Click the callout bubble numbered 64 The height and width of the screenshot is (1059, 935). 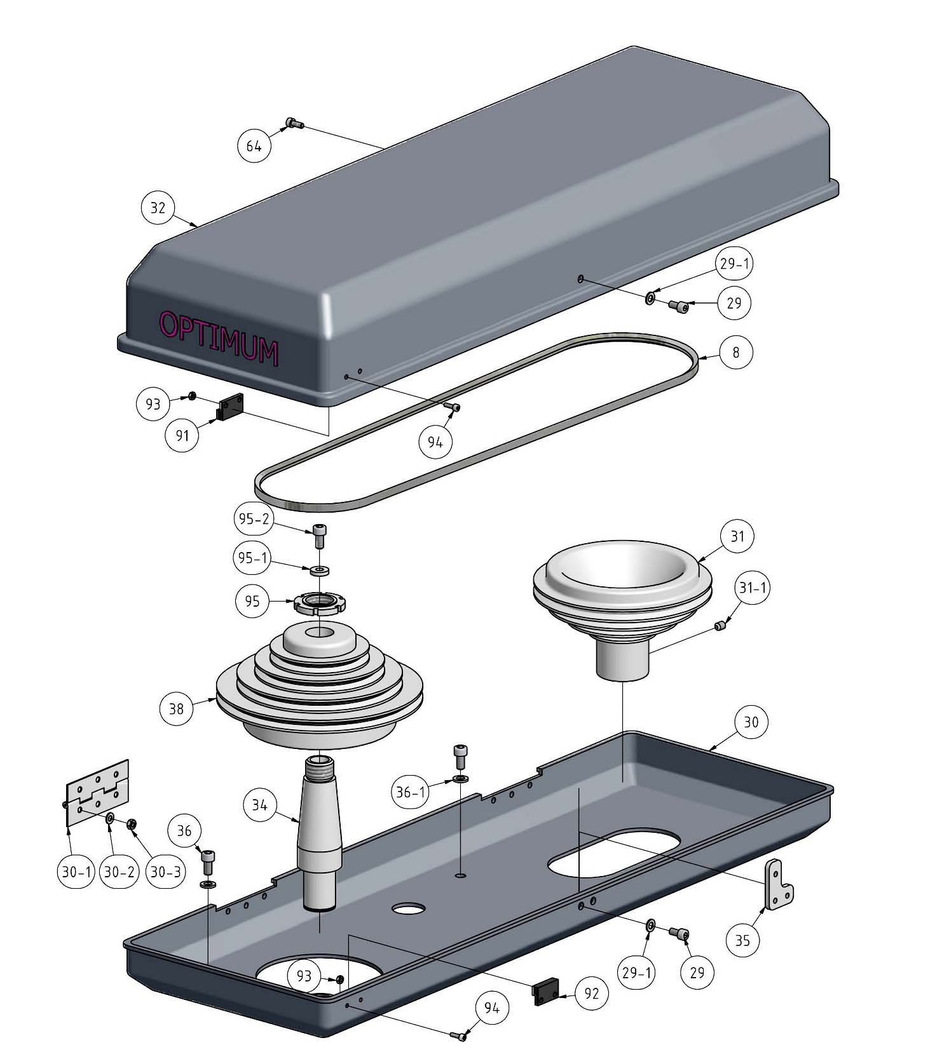point(254,146)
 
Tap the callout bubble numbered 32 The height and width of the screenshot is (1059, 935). point(158,208)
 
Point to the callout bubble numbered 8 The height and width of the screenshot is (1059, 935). point(736,352)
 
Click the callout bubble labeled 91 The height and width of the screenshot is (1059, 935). point(183,435)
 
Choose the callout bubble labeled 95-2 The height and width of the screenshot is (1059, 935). point(253,519)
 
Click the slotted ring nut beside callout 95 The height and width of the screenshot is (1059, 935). point(318,602)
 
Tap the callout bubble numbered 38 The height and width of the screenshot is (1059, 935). point(176,708)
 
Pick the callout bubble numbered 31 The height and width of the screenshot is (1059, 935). point(737,536)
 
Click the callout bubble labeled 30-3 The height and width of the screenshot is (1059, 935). point(165,872)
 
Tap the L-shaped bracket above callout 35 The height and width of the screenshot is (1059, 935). point(778,884)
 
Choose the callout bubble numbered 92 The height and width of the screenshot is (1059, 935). point(591,994)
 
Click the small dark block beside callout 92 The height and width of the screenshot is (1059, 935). point(545,993)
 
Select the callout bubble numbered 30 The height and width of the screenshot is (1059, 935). point(751,722)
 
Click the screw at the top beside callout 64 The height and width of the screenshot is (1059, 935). point(294,123)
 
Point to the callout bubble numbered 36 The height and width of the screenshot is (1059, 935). point(184,831)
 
